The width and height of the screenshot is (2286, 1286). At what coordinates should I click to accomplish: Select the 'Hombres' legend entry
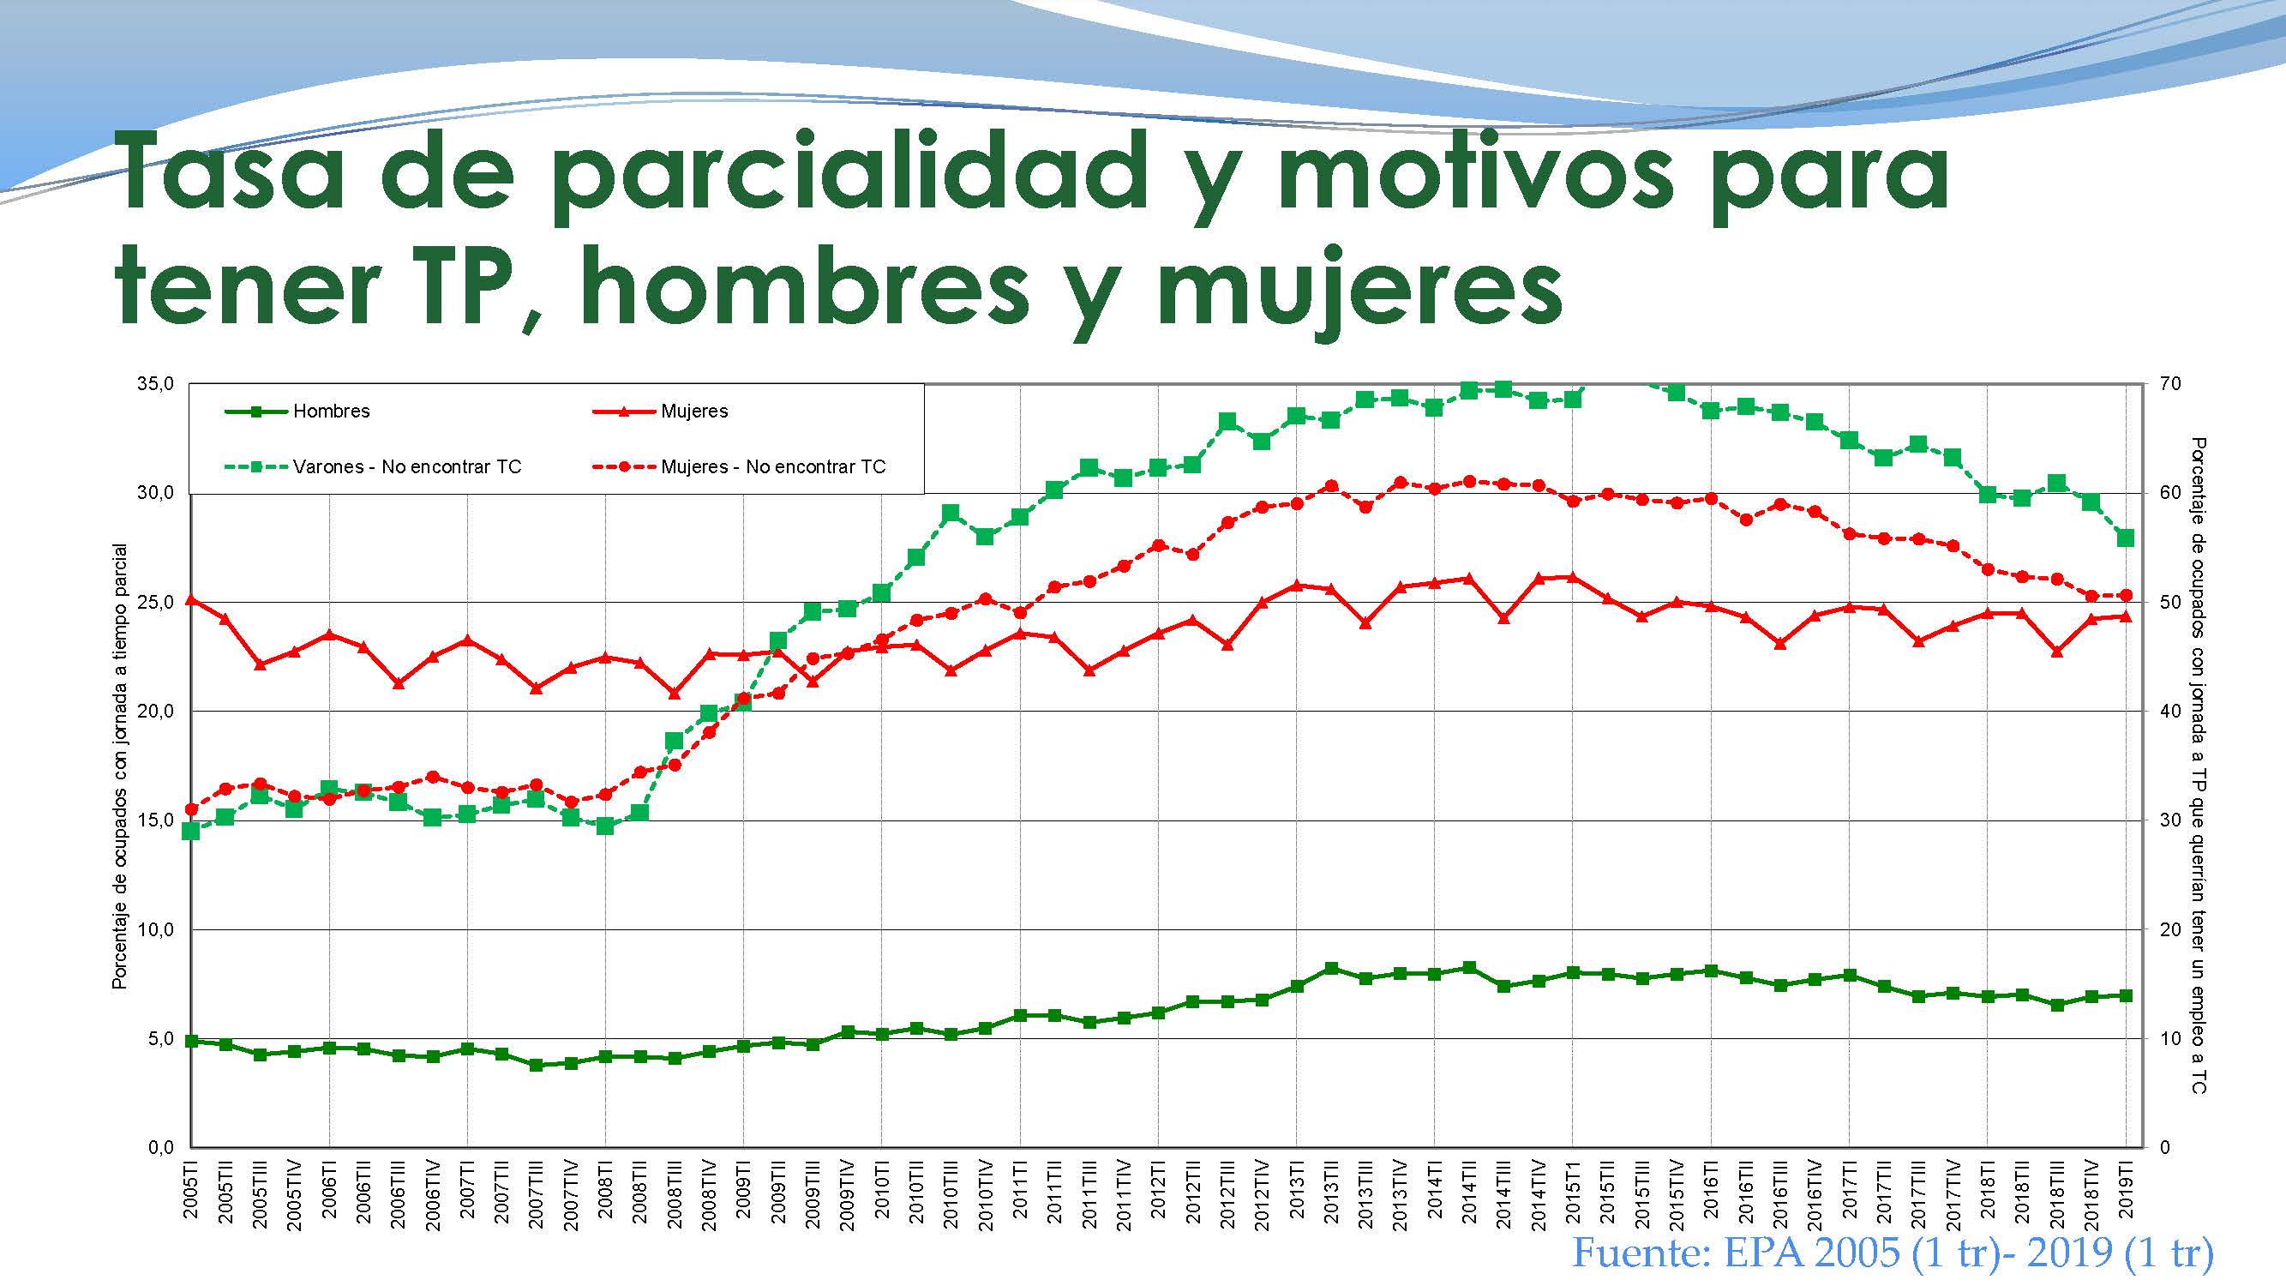click(330, 412)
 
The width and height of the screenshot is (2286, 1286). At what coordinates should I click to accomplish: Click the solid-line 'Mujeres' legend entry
click(693, 412)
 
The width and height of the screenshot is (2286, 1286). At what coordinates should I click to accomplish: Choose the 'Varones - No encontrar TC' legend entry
click(406, 467)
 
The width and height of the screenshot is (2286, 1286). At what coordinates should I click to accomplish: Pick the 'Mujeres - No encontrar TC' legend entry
click(773, 467)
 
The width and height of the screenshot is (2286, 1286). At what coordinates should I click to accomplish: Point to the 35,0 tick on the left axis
click(154, 384)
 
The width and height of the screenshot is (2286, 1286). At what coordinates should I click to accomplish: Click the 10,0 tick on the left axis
click(154, 929)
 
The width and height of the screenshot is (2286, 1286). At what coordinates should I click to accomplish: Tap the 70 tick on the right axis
click(2169, 384)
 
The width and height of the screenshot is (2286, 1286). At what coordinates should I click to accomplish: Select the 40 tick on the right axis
click(2169, 712)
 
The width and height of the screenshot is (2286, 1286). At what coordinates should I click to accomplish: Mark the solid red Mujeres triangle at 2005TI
click(192, 600)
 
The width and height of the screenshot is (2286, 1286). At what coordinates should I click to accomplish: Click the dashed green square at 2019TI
click(2127, 538)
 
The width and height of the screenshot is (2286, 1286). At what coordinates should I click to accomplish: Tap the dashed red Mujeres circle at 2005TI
click(192, 808)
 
